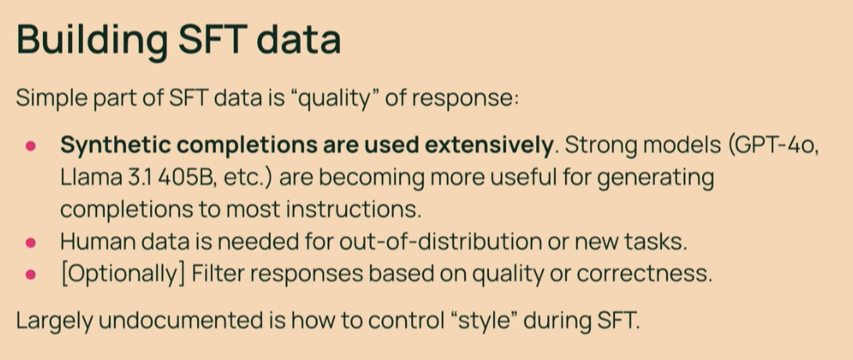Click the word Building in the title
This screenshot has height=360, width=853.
92,40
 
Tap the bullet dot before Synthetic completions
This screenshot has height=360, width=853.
31,146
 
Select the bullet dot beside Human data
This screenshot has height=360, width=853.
31,243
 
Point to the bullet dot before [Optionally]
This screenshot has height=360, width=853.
31,275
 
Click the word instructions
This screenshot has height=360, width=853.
354,210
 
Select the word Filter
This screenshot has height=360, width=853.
218,274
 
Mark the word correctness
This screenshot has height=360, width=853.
644,274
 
